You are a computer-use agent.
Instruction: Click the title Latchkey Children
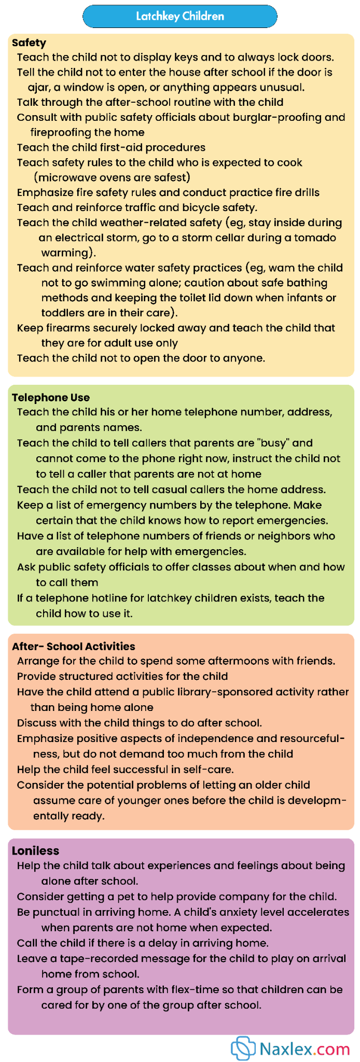coord(180,16)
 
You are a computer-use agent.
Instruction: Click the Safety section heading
coord(29,43)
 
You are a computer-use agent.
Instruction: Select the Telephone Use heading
coord(51,397)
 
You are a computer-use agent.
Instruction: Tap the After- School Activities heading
coord(73,646)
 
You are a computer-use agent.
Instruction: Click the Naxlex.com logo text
coord(304,1049)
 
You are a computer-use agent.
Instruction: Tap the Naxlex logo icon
coord(243,1049)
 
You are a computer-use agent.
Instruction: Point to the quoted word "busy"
coord(273,443)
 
